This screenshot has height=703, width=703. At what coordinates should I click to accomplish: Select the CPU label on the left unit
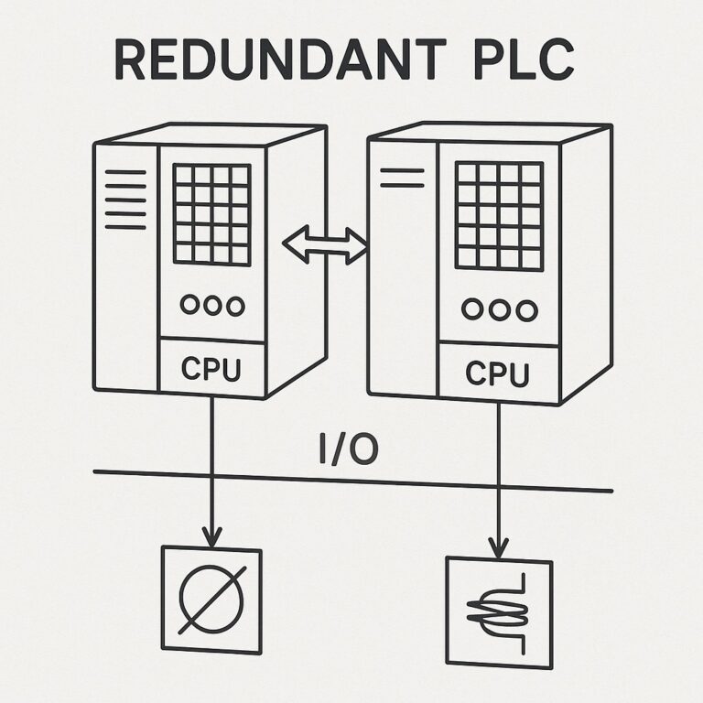211,369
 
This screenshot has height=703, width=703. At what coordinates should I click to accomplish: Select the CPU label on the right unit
498,373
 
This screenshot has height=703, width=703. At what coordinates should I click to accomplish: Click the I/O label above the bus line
349,450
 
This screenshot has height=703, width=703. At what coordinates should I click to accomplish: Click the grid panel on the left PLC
211,214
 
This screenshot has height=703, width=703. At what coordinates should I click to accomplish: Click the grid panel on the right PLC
499,215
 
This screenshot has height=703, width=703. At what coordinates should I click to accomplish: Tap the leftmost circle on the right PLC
471,310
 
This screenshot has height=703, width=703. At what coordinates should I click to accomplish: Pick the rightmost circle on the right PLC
525,311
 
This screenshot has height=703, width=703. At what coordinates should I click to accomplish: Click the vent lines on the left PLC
125,199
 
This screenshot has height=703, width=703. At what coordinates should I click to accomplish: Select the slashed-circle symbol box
211,600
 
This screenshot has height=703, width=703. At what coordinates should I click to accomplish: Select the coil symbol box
498,611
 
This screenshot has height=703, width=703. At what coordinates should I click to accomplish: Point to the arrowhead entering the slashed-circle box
211,538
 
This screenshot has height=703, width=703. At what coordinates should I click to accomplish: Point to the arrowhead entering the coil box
498,549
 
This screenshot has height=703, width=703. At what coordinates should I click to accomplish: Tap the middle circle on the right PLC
499,311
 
